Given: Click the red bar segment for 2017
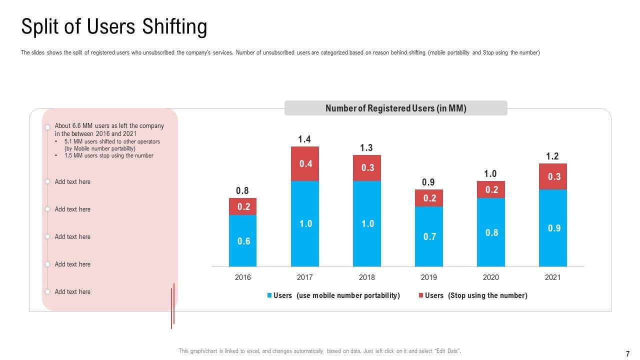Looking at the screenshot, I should coord(305,163).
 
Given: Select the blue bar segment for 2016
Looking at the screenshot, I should coord(243,240).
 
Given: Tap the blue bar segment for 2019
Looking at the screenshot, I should coord(429,236).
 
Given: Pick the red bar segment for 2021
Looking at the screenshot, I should coord(553,176).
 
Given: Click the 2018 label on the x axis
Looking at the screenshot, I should coord(367,277).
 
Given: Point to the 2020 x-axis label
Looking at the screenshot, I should coord(491,277).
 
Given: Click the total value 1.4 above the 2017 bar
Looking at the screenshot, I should coord(304,139).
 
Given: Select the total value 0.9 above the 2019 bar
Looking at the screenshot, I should coord(428,182).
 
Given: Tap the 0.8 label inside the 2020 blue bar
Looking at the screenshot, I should coord(491,232).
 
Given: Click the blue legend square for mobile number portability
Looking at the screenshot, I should coord(269,295).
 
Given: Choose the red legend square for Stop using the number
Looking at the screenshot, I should coord(421,295).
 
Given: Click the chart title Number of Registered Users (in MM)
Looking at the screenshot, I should coord(395,108).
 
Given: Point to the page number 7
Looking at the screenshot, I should coord(627,354).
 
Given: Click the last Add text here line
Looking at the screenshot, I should coord(72,291).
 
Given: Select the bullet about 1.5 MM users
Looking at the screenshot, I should coord(108,155).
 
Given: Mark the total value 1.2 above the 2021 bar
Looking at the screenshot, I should coord(552,156).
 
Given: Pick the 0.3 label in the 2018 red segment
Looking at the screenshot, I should coord(367,168).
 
